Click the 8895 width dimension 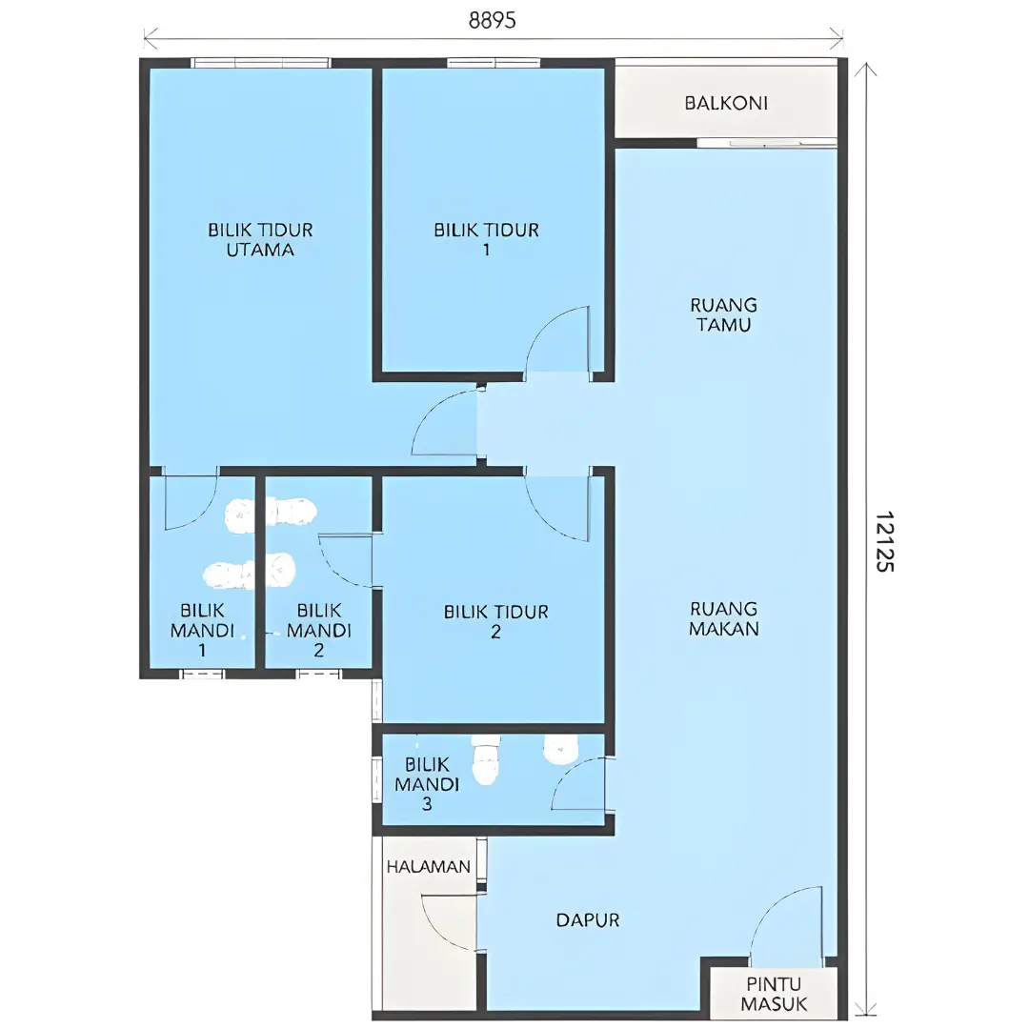pos(493,21)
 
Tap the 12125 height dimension pos(884,541)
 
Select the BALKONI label pos(726,103)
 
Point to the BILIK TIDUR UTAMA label pos(260,239)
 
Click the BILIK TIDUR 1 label pos(486,239)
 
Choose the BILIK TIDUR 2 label pos(496,621)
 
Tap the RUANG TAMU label pos(724,314)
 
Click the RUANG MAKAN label pos(724,618)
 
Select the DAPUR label pos(587,920)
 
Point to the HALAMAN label pos(428,867)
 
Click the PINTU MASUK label pos(775,994)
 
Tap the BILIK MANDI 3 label pos(427,783)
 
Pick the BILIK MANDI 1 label pos(202,630)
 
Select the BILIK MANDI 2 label pos(319,630)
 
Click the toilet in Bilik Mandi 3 pos(486,760)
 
